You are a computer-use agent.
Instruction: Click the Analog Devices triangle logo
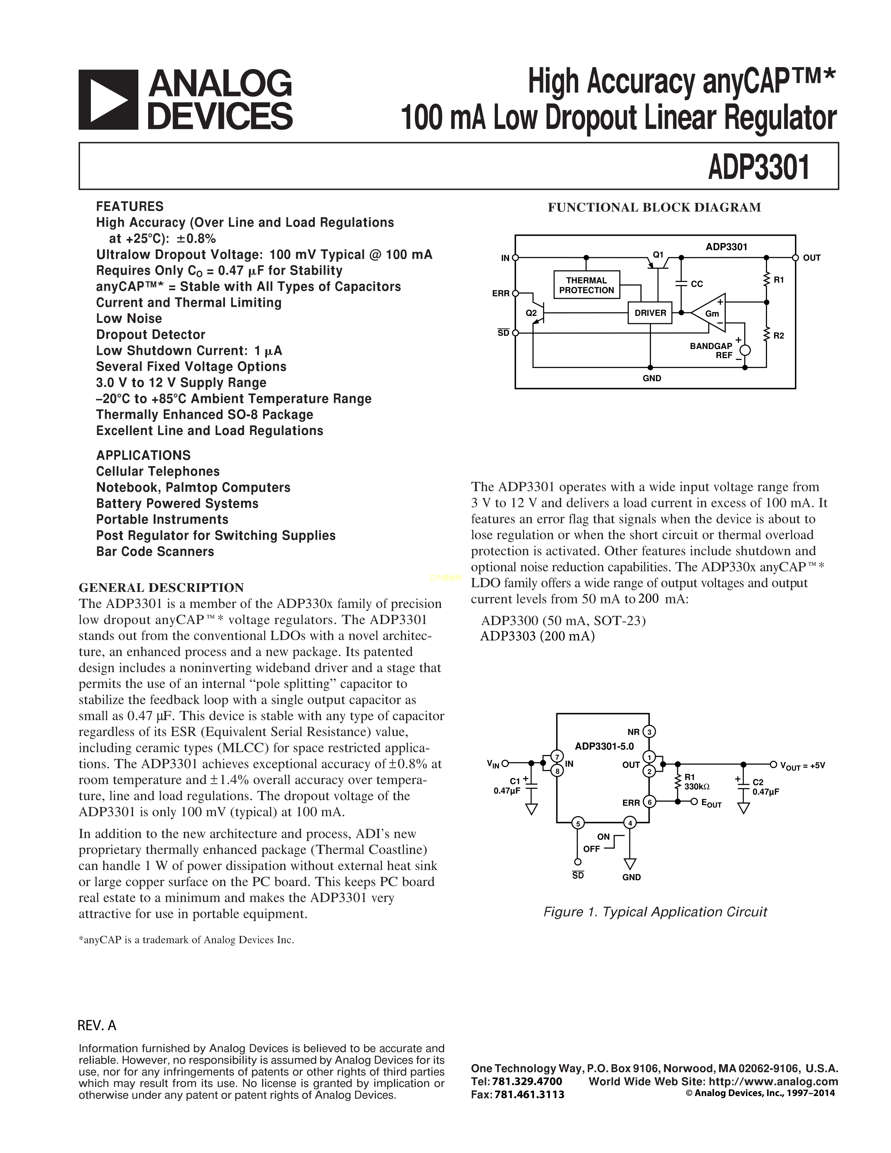tap(108, 100)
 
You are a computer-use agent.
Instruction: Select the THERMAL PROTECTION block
tap(586, 285)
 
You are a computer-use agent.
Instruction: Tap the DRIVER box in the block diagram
tap(650, 313)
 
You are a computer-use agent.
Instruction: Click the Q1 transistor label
tap(658, 254)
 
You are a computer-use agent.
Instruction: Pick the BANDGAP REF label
tap(711, 350)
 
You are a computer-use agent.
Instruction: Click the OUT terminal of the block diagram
tap(796, 258)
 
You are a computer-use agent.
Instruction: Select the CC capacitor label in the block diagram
tap(697, 284)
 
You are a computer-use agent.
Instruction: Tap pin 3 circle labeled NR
tap(649, 732)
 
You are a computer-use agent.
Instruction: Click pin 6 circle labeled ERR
tap(649, 803)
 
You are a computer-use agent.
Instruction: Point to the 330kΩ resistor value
tap(697, 786)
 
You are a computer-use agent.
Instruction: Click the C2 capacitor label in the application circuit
tap(758, 782)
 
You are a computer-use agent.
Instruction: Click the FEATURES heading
tap(130, 206)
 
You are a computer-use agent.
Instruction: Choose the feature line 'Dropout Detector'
tap(151, 335)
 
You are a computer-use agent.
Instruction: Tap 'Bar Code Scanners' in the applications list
tap(155, 552)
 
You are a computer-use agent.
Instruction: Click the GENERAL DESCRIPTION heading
tap(161, 588)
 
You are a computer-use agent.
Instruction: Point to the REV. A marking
tap(96, 1025)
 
